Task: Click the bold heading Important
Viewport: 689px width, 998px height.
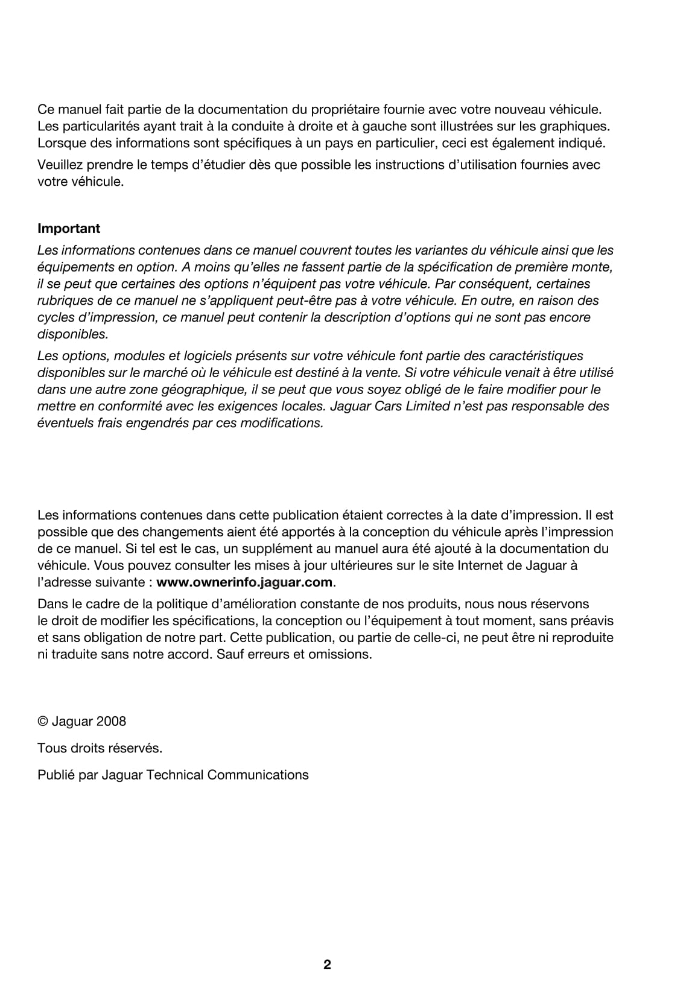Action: point(69,229)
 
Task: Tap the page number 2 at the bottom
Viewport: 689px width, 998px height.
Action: point(327,965)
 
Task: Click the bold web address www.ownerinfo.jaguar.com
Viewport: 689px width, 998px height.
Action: point(244,582)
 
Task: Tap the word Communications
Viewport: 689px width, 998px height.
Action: point(258,775)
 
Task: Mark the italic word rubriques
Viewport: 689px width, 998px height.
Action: point(63,300)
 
